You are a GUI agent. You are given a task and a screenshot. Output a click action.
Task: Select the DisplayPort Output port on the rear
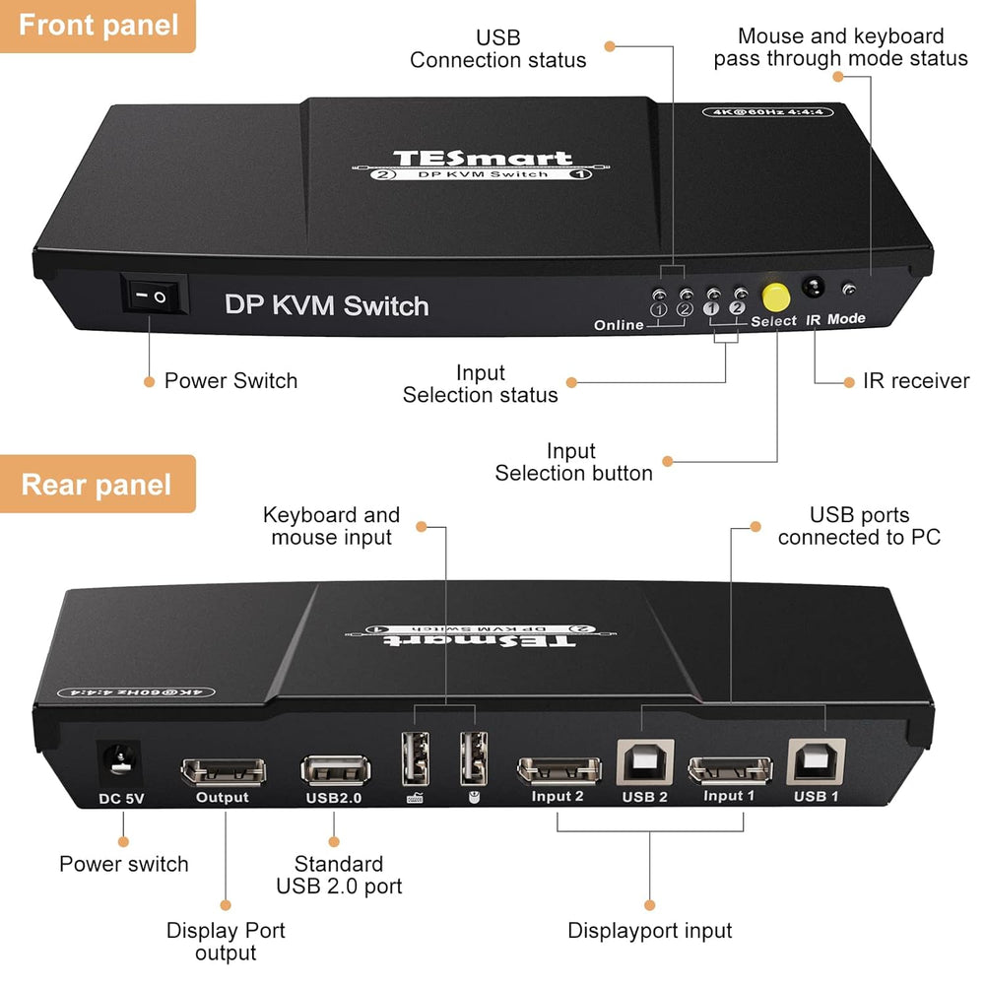[223, 770]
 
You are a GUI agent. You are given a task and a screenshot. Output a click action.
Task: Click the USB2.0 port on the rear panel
[337, 767]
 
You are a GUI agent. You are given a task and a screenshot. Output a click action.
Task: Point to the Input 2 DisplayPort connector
[558, 769]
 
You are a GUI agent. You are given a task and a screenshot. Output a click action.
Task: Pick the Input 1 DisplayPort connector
[730, 769]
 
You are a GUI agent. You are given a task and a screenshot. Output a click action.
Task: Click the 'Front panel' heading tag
[98, 25]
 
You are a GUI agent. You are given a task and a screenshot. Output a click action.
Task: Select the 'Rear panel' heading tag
[97, 485]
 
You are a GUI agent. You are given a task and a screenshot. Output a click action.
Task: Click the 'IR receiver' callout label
[916, 381]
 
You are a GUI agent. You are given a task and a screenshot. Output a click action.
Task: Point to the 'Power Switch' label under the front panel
[230, 381]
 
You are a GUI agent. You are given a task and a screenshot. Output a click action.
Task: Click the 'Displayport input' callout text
[650, 931]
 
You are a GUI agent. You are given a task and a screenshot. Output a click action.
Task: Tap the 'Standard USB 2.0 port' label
[339, 875]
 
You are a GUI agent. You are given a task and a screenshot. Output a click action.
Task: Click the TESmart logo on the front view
[482, 159]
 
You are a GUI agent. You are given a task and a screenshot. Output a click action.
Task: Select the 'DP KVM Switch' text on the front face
[326, 305]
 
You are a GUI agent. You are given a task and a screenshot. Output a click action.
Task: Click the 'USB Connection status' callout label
[497, 49]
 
